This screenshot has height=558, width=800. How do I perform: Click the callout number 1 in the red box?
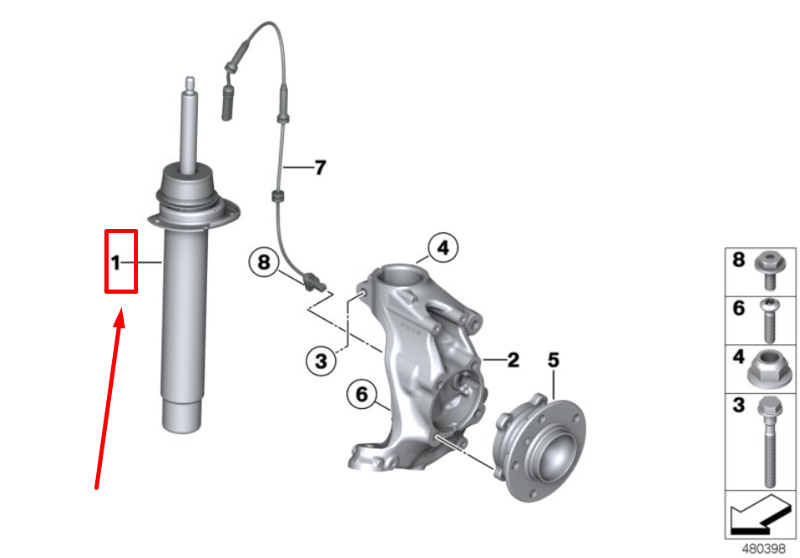(116, 263)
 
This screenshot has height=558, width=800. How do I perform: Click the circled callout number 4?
(443, 247)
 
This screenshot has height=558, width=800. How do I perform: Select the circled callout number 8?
(264, 263)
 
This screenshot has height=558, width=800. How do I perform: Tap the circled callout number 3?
(321, 361)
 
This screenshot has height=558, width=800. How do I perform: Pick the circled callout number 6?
(362, 394)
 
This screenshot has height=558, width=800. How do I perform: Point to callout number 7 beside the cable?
(320, 167)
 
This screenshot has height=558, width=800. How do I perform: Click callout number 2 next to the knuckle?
(514, 360)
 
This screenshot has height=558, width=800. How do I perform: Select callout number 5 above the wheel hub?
(553, 360)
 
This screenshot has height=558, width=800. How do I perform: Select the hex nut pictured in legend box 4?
(770, 369)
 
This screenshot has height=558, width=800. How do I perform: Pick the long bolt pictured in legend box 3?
(770, 442)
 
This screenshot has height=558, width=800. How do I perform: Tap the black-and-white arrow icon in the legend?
(760, 514)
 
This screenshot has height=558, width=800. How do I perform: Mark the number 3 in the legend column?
(739, 406)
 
